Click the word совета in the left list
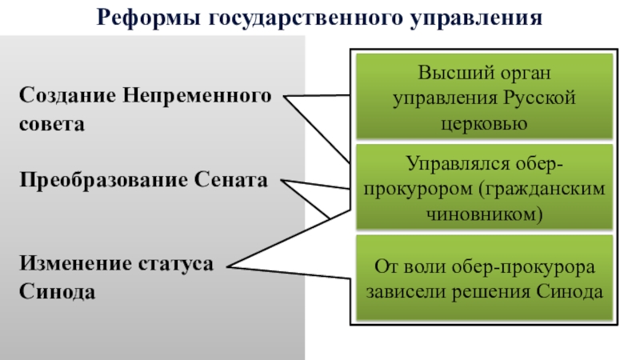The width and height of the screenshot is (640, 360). tap(52, 125)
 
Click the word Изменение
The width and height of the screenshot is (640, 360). tap(73, 264)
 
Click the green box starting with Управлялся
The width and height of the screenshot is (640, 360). tap(484, 189)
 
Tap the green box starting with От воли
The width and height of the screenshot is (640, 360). tap(484, 278)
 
